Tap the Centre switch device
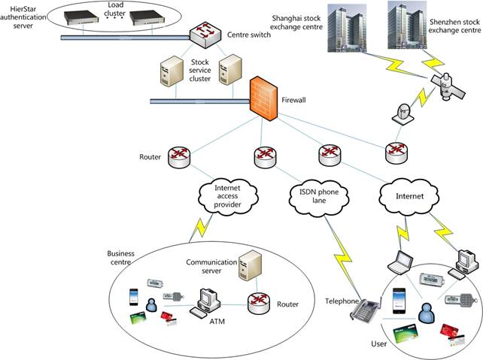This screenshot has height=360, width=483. (x=203, y=34)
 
